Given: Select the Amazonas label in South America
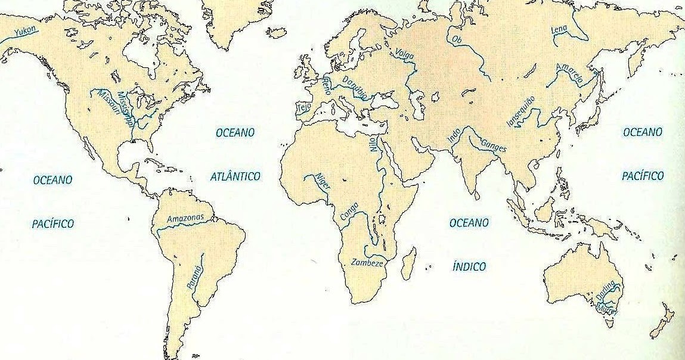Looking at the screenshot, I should (185, 218).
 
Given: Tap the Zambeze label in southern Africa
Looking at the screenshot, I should (367, 262).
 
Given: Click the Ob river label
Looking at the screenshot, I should (457, 39).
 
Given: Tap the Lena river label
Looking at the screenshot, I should (559, 29).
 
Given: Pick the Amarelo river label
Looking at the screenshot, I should (568, 73).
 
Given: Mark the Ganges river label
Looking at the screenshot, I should (492, 145).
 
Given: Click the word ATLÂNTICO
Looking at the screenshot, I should (235, 176).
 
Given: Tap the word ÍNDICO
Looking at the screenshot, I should (469, 266).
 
